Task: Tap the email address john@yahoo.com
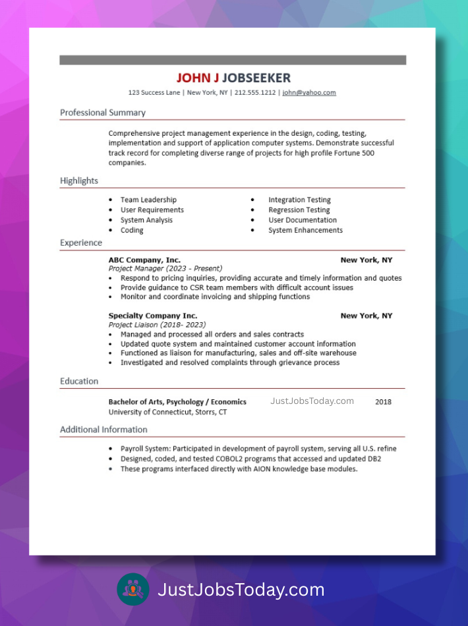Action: (x=309, y=93)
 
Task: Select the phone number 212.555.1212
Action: (x=255, y=93)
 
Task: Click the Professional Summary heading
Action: (x=103, y=113)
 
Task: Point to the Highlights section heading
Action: (x=79, y=181)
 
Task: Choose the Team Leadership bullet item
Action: (x=148, y=200)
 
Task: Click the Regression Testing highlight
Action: (x=299, y=210)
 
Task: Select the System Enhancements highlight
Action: (x=305, y=231)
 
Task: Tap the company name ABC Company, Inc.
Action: (x=144, y=260)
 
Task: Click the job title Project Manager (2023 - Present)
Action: (x=165, y=269)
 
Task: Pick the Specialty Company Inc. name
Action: (x=153, y=316)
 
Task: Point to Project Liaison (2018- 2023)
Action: (x=157, y=325)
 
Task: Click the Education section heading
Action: (x=79, y=382)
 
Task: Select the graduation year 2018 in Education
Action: (x=383, y=402)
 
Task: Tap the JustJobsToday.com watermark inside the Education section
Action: (x=312, y=401)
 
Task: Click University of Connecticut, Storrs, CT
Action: (x=167, y=413)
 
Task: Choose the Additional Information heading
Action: (x=103, y=430)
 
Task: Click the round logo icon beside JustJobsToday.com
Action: (x=133, y=589)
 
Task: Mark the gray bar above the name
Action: (x=233, y=60)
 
